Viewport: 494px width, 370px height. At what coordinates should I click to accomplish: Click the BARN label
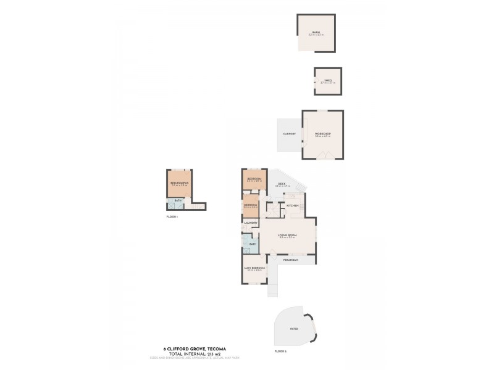pyautogui.click(x=316, y=33)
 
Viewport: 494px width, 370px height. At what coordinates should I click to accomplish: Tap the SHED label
pyautogui.click(x=327, y=81)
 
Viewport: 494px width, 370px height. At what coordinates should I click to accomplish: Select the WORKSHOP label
pyautogui.click(x=322, y=134)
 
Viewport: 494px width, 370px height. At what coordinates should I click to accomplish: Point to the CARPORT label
pyautogui.click(x=290, y=134)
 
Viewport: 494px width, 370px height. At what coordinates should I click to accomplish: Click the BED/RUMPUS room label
pyautogui.click(x=179, y=183)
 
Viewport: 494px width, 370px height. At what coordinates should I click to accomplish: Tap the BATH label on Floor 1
pyautogui.click(x=178, y=200)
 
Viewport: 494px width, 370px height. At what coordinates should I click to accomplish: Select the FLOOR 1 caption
pyautogui.click(x=172, y=217)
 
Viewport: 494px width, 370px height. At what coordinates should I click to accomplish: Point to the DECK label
pyautogui.click(x=281, y=184)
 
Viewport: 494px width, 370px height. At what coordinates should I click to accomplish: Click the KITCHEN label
pyautogui.click(x=293, y=205)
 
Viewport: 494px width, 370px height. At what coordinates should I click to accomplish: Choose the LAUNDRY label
pyautogui.click(x=251, y=223)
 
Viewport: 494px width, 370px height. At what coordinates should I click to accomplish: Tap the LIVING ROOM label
pyautogui.click(x=288, y=235)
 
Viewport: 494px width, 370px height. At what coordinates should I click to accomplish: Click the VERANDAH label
pyautogui.click(x=290, y=261)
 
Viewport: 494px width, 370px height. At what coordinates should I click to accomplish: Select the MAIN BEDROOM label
pyautogui.click(x=254, y=268)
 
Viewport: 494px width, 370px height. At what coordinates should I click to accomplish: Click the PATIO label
pyautogui.click(x=294, y=329)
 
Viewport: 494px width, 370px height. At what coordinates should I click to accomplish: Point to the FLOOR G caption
pyautogui.click(x=280, y=351)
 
